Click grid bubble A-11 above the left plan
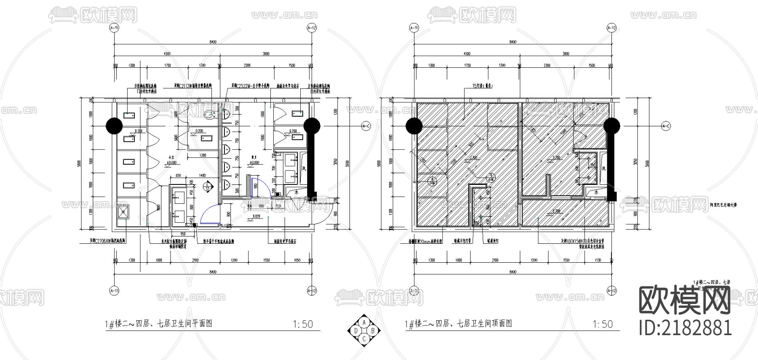pyautogui.click(x=114, y=28)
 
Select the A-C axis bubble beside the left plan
pyautogui.click(x=366, y=126)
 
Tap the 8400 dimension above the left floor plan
pyautogui.click(x=213, y=42)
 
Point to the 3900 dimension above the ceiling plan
pyautogui.click(x=566, y=53)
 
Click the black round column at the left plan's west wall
pyautogui.click(x=114, y=125)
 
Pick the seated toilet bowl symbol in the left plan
pyautogui.click(x=209, y=114)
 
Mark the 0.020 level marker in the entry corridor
pyautogui.click(x=256, y=216)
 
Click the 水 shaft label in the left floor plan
pyautogui.click(x=296, y=192)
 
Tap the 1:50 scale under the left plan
pyautogui.click(x=303, y=324)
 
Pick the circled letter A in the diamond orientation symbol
pyautogui.click(x=363, y=322)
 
